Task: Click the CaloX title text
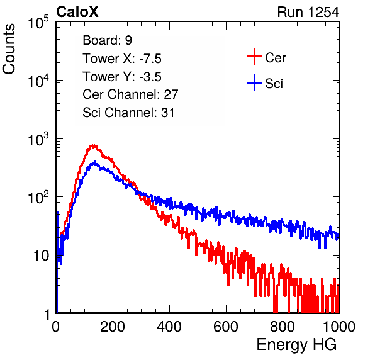click(77, 12)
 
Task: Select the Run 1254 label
click(308, 12)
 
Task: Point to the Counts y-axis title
click(9, 49)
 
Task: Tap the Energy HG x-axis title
click(296, 345)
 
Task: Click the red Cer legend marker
click(254, 57)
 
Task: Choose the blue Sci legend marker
click(254, 82)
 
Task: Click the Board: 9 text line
click(107, 40)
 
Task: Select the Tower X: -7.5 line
click(122, 59)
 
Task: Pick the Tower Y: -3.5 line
click(122, 77)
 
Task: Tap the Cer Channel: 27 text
click(130, 94)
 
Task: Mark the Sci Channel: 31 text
click(128, 113)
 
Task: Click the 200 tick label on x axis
click(113, 327)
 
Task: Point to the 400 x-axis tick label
click(169, 327)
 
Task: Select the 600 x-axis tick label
click(226, 327)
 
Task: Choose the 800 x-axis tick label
click(283, 327)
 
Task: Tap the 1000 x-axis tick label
click(339, 327)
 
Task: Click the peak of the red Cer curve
click(93, 145)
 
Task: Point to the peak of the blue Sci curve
click(95, 162)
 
